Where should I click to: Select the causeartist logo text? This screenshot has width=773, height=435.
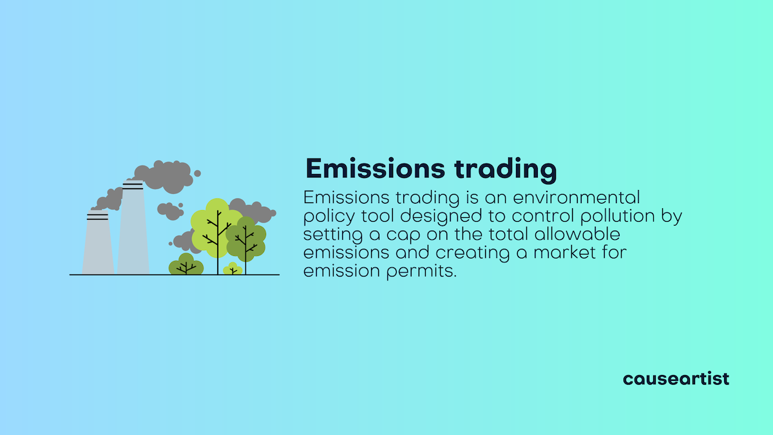click(676, 378)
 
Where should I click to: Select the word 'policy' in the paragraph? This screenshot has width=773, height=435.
click(325, 217)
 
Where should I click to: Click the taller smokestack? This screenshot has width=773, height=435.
click(133, 232)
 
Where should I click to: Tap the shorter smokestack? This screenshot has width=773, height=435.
click(98, 245)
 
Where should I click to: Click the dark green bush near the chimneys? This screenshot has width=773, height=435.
click(186, 265)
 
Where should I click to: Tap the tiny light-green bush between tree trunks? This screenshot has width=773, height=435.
click(232, 269)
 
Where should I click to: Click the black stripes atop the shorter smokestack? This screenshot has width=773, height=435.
click(97, 217)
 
